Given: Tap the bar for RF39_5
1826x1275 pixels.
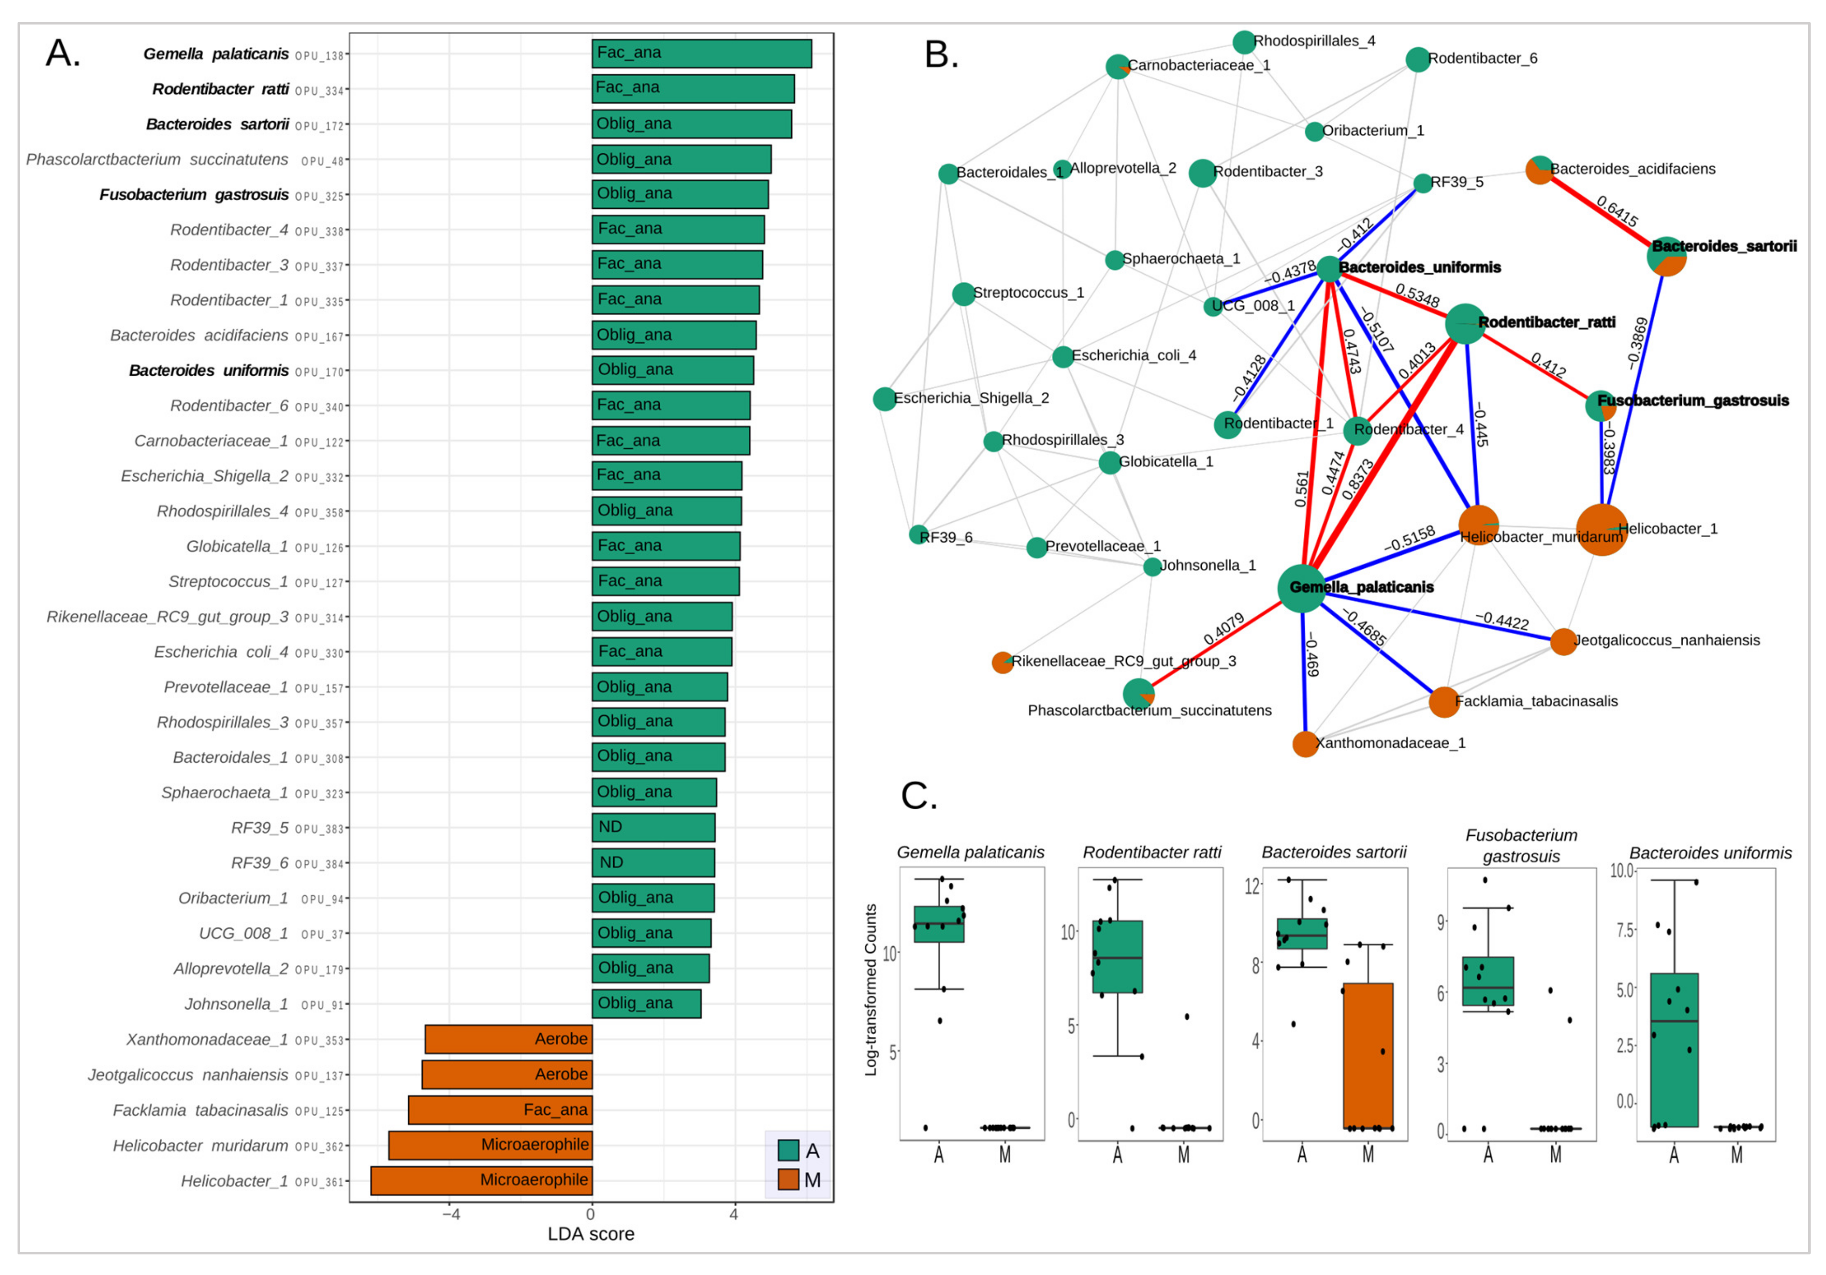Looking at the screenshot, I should [x=653, y=827].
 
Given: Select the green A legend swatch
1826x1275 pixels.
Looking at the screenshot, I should [x=788, y=1150].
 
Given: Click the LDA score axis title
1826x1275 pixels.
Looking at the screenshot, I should [x=590, y=1234].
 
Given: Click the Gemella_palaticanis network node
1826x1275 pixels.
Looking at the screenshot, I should [x=1301, y=588].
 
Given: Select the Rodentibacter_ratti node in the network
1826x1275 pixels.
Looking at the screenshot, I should [x=1464, y=323].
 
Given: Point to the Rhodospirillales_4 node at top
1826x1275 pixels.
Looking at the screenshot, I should [x=1244, y=42].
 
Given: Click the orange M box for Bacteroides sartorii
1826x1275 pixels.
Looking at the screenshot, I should [x=1368, y=1055].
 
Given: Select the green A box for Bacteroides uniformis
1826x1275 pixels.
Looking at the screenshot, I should [x=1674, y=1049].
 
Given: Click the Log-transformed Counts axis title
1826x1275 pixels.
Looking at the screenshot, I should [x=871, y=990].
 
